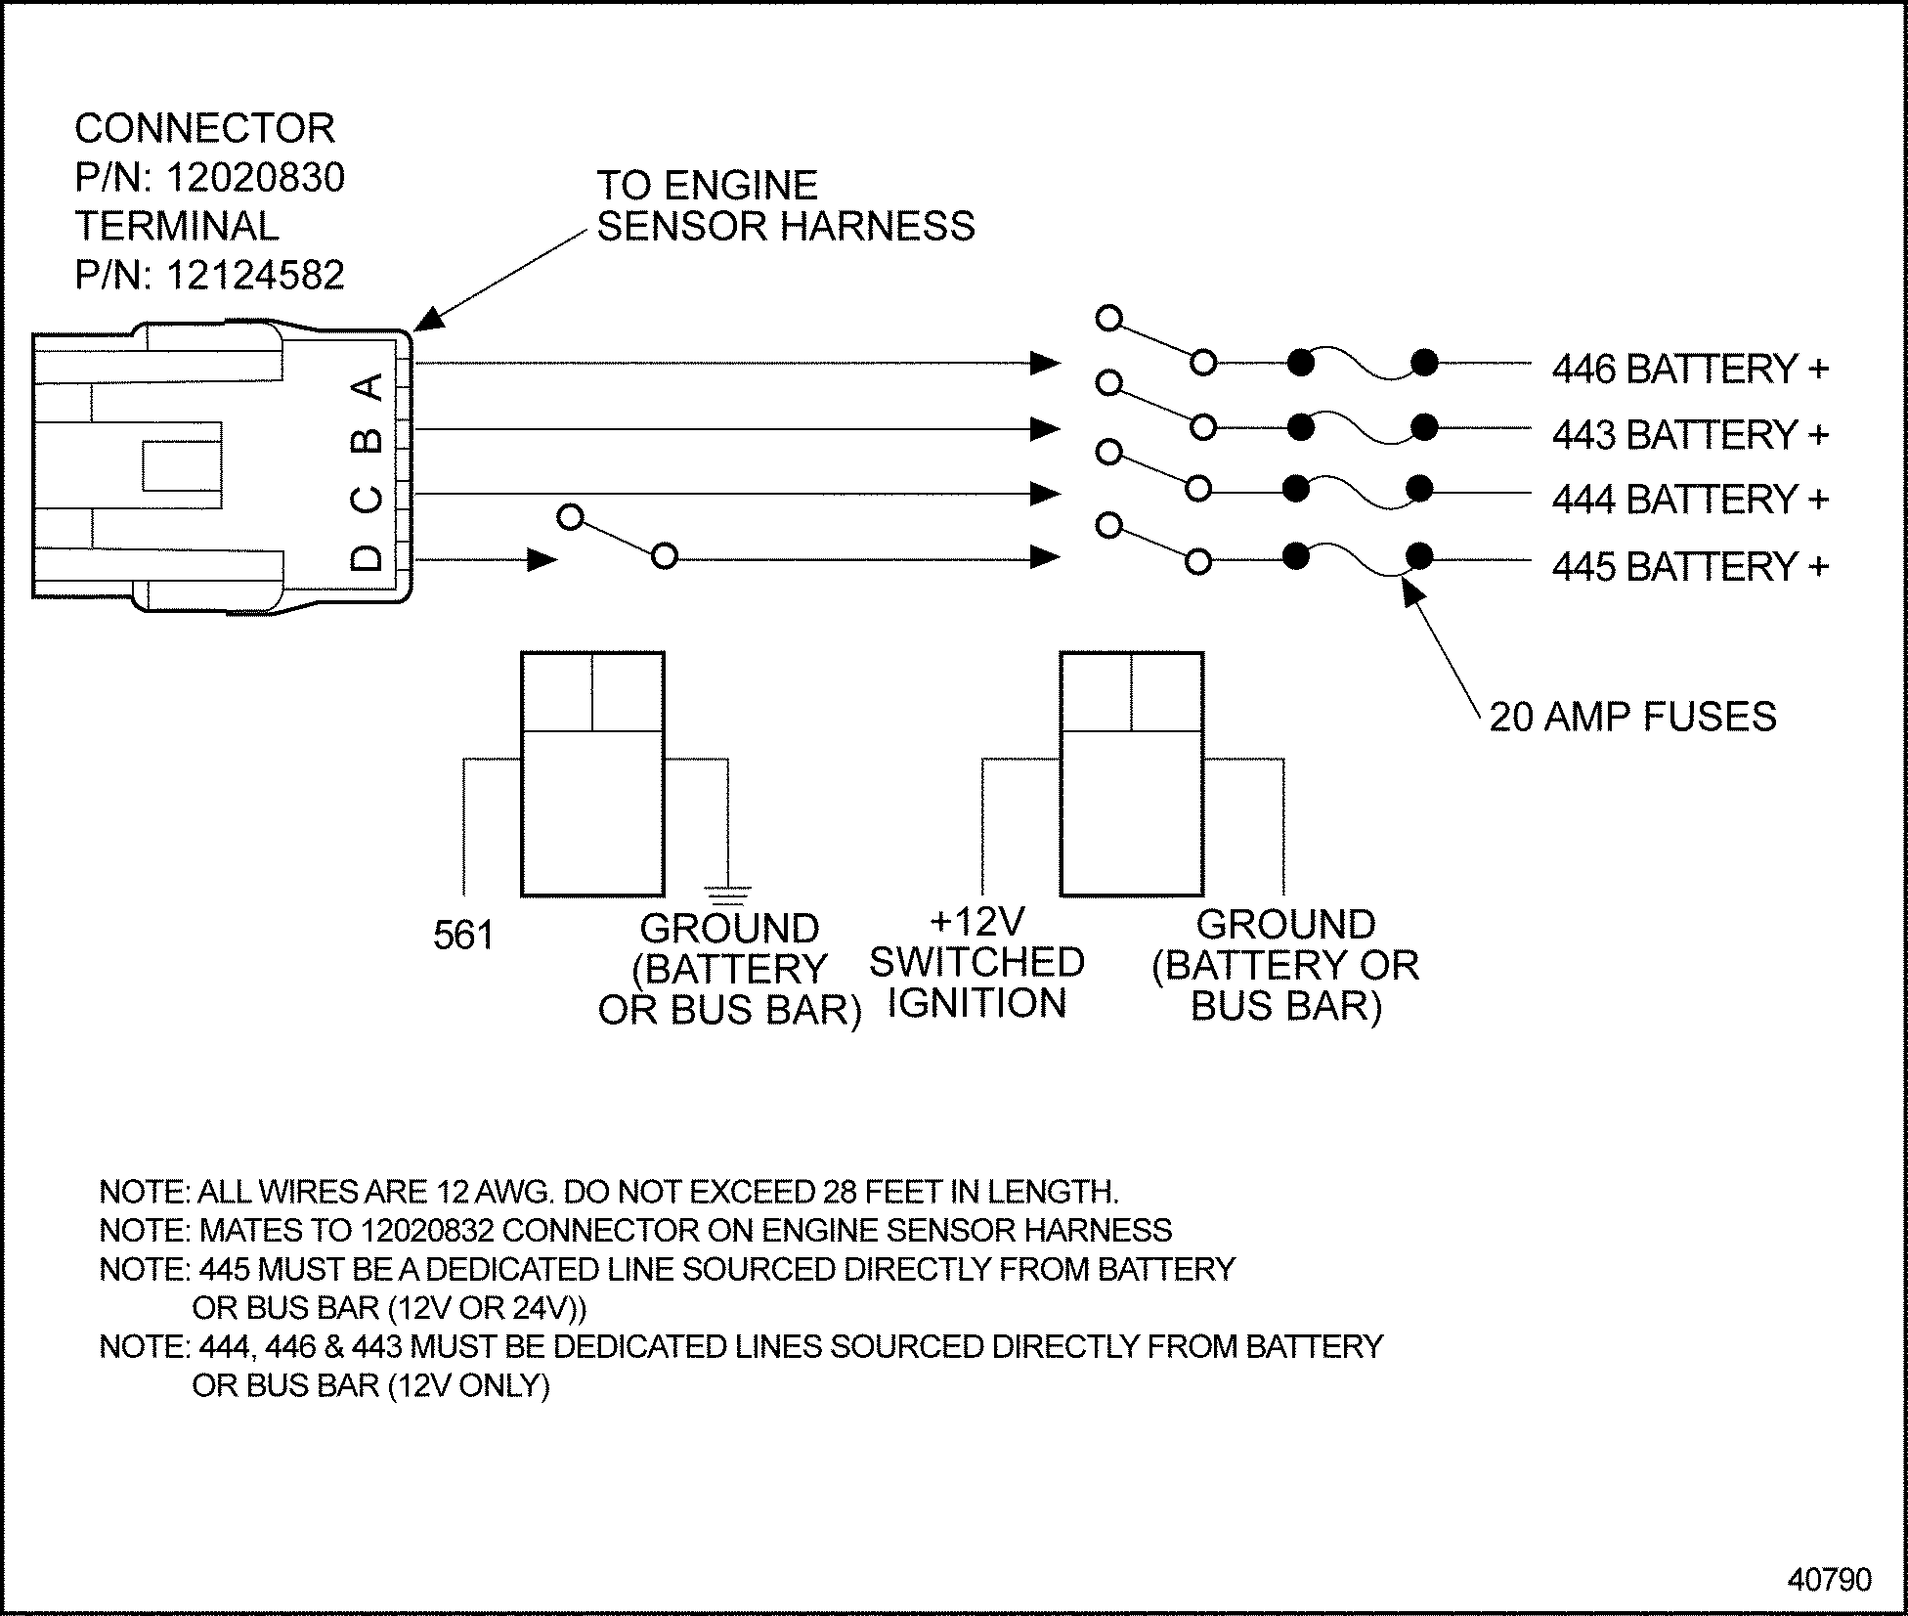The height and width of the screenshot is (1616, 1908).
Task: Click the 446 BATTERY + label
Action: pyautogui.click(x=1689, y=370)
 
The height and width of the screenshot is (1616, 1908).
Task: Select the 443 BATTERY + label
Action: pyautogui.click(x=1689, y=435)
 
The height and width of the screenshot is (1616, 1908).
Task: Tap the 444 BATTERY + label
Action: pyautogui.click(x=1689, y=500)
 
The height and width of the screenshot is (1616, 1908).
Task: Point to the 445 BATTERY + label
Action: pyautogui.click(x=1689, y=567)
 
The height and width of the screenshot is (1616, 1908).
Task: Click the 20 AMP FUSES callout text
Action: pyautogui.click(x=1632, y=717)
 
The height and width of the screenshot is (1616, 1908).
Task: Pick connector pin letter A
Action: pyautogui.click(x=368, y=387)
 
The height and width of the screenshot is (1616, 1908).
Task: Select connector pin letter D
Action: pyautogui.click(x=367, y=558)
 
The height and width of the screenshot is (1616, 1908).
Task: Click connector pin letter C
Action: pyautogui.click(x=367, y=501)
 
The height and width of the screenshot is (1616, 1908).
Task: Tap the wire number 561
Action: pyautogui.click(x=463, y=936)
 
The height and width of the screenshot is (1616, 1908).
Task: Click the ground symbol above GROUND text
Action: pyautogui.click(x=727, y=891)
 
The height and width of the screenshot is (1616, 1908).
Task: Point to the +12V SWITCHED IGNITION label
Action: pyautogui.click(x=976, y=963)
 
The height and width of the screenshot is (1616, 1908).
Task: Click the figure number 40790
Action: pyautogui.click(x=1829, y=1579)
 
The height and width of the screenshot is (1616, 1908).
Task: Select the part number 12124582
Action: pyautogui.click(x=255, y=276)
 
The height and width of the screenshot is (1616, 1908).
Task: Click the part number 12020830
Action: pyautogui.click(x=255, y=178)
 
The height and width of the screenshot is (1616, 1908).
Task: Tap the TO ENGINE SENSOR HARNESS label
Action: pyautogui.click(x=785, y=206)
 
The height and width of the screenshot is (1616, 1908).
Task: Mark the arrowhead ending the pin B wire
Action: pyautogui.click(x=1045, y=429)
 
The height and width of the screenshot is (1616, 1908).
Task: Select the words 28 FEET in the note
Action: pyautogui.click(x=889, y=1192)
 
